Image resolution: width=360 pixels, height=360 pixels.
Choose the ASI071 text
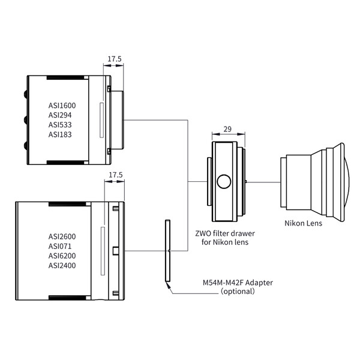click(x=61, y=245)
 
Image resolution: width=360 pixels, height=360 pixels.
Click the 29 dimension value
click(x=227, y=129)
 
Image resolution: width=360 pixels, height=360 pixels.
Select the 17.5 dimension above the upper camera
click(x=114, y=59)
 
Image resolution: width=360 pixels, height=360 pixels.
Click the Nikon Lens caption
click(x=303, y=223)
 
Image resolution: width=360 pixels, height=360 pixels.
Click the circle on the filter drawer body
click(x=224, y=181)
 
